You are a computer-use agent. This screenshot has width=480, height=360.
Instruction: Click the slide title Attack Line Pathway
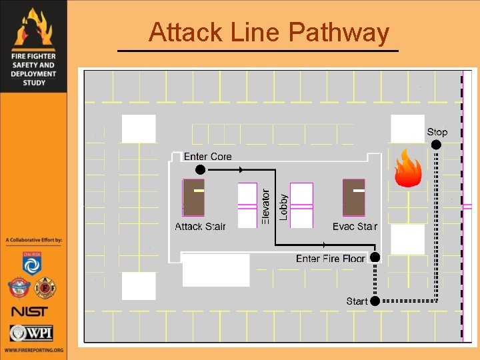point(269,32)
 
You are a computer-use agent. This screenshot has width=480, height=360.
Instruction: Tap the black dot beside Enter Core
point(200,169)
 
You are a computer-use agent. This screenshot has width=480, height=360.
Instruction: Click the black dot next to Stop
point(436,144)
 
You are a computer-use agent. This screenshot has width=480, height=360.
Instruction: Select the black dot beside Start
point(375,301)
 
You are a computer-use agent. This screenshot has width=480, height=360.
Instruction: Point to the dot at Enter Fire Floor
point(375,257)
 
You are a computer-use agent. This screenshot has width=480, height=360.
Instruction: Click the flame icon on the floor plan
point(407,169)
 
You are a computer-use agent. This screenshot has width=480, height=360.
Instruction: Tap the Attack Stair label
point(200,227)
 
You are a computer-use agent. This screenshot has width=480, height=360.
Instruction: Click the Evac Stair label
point(355,227)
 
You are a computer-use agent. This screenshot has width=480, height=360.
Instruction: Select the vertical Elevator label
point(265,206)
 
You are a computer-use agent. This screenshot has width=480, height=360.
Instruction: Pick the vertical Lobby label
point(283,207)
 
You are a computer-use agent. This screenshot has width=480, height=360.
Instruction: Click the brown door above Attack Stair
point(193,197)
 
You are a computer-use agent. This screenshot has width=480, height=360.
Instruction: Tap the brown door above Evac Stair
point(354,197)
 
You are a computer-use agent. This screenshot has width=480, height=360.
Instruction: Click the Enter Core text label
point(207,157)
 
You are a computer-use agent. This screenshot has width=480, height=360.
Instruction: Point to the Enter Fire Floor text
point(331,259)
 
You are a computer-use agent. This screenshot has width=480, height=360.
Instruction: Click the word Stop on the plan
point(437,132)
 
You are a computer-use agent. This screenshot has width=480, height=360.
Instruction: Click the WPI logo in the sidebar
point(32,333)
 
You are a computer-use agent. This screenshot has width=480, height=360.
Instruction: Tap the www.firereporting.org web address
point(33,350)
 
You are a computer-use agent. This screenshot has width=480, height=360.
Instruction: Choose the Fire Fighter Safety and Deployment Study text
point(33,69)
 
